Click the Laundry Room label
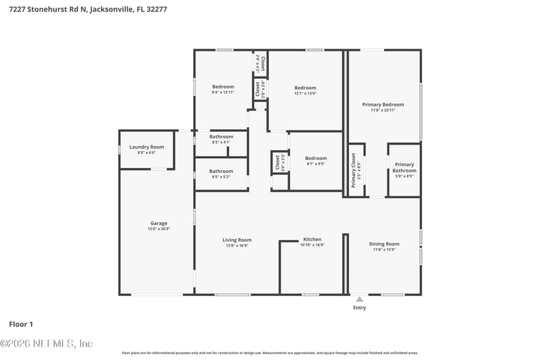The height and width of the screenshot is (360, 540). pyautogui.click(x=146, y=147)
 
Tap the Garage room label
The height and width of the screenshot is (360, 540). pyautogui.click(x=159, y=223)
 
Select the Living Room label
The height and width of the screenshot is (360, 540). pyautogui.click(x=237, y=239)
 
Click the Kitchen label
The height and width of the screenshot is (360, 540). pyautogui.click(x=312, y=239)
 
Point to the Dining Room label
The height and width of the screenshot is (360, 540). pyautogui.click(x=384, y=244)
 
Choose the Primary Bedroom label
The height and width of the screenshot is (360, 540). pyautogui.click(x=383, y=105)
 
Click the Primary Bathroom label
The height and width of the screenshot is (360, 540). pyautogui.click(x=404, y=168)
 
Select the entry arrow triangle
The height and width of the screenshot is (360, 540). pyautogui.click(x=359, y=299)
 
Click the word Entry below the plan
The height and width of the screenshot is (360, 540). pyautogui.click(x=359, y=308)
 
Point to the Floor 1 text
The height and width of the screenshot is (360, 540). pyautogui.click(x=21, y=324)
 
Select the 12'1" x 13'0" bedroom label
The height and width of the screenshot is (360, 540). pyautogui.click(x=305, y=87)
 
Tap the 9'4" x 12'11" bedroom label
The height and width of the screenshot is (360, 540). pyautogui.click(x=223, y=86)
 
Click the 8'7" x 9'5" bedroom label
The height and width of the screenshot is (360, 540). pyautogui.click(x=315, y=159)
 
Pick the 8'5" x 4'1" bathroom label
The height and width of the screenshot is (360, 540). pyautogui.click(x=221, y=136)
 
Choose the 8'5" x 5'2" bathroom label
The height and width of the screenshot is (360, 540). pyautogui.click(x=221, y=171)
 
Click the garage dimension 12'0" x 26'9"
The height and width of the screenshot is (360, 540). pyautogui.click(x=159, y=229)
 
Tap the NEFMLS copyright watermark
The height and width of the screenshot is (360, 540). pyautogui.click(x=46, y=343)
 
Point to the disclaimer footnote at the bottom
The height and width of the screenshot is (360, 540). pyautogui.click(x=269, y=353)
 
